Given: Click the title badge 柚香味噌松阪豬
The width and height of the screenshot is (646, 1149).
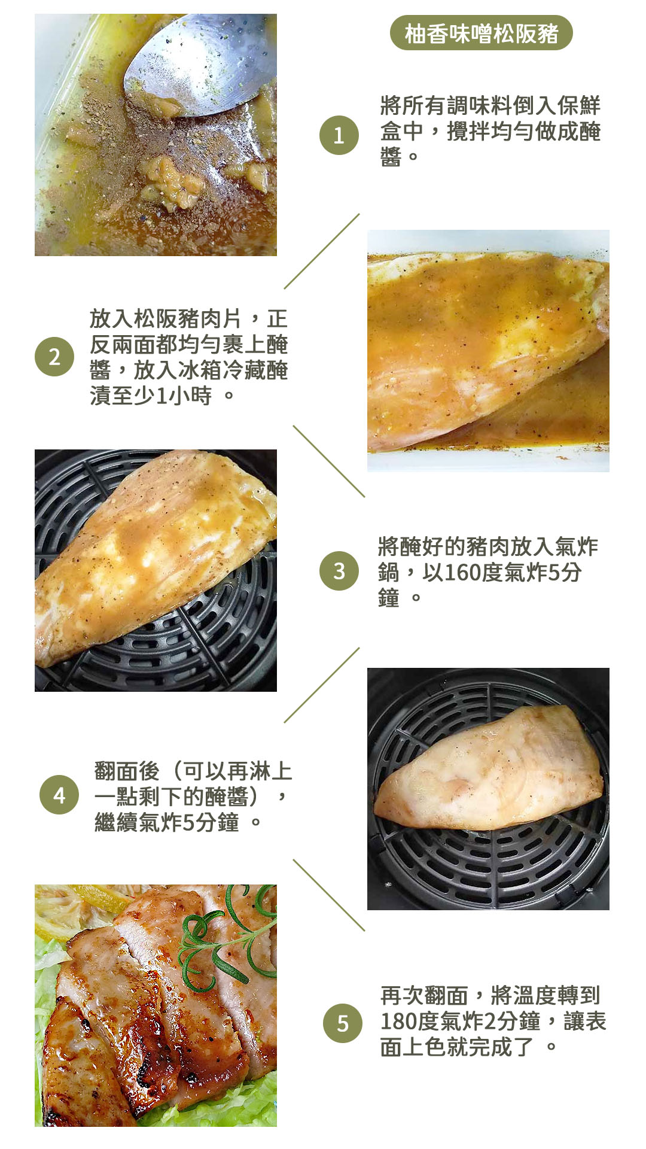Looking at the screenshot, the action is [481, 33].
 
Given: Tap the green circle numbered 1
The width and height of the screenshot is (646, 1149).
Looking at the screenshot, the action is [339, 135].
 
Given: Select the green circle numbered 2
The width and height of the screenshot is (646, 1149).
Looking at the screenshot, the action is [54, 357].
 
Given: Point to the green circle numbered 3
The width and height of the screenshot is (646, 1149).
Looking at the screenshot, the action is [339, 571].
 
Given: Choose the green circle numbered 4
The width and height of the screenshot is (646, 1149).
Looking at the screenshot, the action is [59, 795].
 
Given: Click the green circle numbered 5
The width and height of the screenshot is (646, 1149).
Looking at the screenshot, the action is [343, 1023].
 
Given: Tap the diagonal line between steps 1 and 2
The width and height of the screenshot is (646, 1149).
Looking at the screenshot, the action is [322, 251].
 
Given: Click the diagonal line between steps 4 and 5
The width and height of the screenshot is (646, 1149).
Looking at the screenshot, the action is [328, 895].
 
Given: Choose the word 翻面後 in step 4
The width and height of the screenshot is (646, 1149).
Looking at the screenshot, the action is [127, 771].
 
